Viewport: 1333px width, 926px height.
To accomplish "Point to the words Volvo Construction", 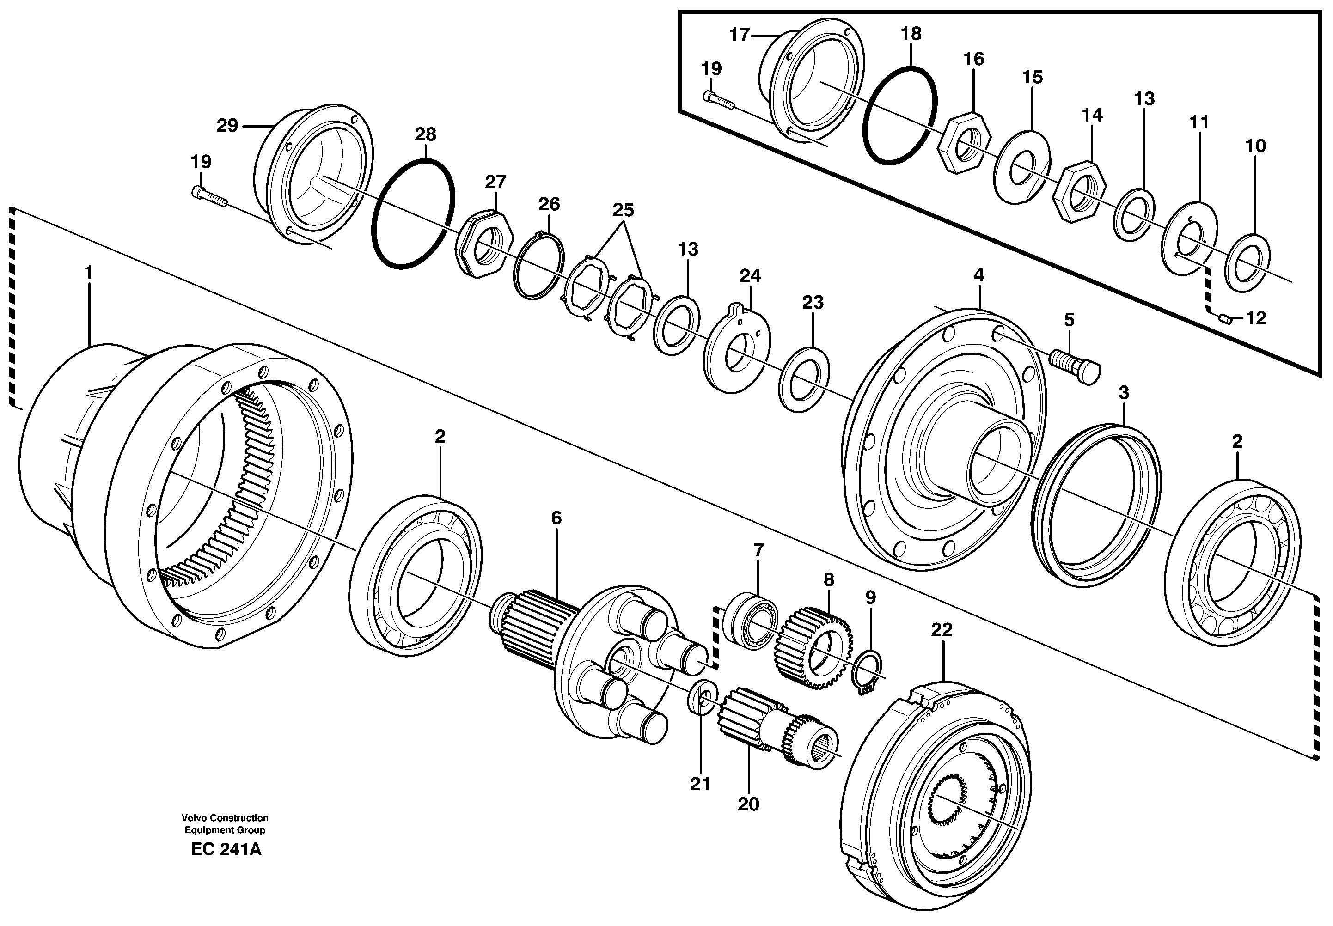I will click(225, 817).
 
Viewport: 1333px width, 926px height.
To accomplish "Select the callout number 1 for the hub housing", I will click(88, 272).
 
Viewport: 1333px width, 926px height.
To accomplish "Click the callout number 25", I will click(623, 209).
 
